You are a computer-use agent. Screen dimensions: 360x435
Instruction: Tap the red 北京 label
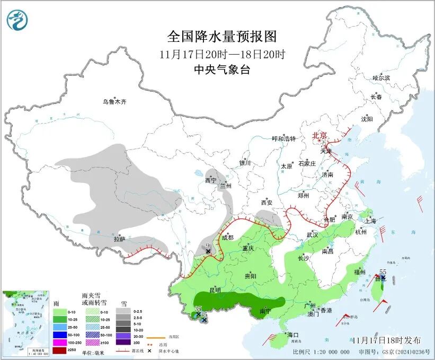(x=320, y=135)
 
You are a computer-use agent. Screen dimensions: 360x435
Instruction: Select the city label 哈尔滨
(x=381, y=78)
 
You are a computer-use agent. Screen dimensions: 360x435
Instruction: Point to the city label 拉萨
(x=119, y=239)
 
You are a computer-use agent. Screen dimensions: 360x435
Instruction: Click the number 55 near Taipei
(x=383, y=271)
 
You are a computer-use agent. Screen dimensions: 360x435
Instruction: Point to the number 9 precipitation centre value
(x=208, y=245)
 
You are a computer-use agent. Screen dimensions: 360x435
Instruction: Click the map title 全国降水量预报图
(x=222, y=37)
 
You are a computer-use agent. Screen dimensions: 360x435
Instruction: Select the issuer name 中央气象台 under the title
(x=222, y=70)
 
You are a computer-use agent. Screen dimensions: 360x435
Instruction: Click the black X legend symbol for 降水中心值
(x=150, y=352)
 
